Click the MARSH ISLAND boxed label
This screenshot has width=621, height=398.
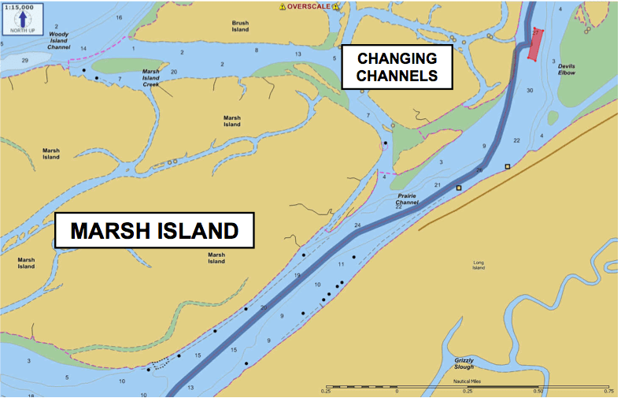[154, 231]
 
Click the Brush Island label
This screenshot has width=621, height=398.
[240, 26]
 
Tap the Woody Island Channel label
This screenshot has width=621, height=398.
[58, 41]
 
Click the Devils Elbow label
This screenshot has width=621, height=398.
[567, 69]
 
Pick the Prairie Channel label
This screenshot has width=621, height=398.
[407, 199]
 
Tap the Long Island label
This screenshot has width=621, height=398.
[479, 265]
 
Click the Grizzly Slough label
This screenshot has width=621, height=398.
[464, 363]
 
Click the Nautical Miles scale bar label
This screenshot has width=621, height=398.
[467, 381]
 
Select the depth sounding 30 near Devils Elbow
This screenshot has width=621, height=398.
[530, 91]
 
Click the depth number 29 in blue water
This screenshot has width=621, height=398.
[25, 61]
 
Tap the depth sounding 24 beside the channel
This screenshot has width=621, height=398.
[357, 226]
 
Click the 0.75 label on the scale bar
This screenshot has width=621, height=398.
[608, 390]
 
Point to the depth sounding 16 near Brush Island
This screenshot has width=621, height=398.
[119, 17]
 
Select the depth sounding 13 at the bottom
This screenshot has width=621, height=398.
[190, 388]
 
